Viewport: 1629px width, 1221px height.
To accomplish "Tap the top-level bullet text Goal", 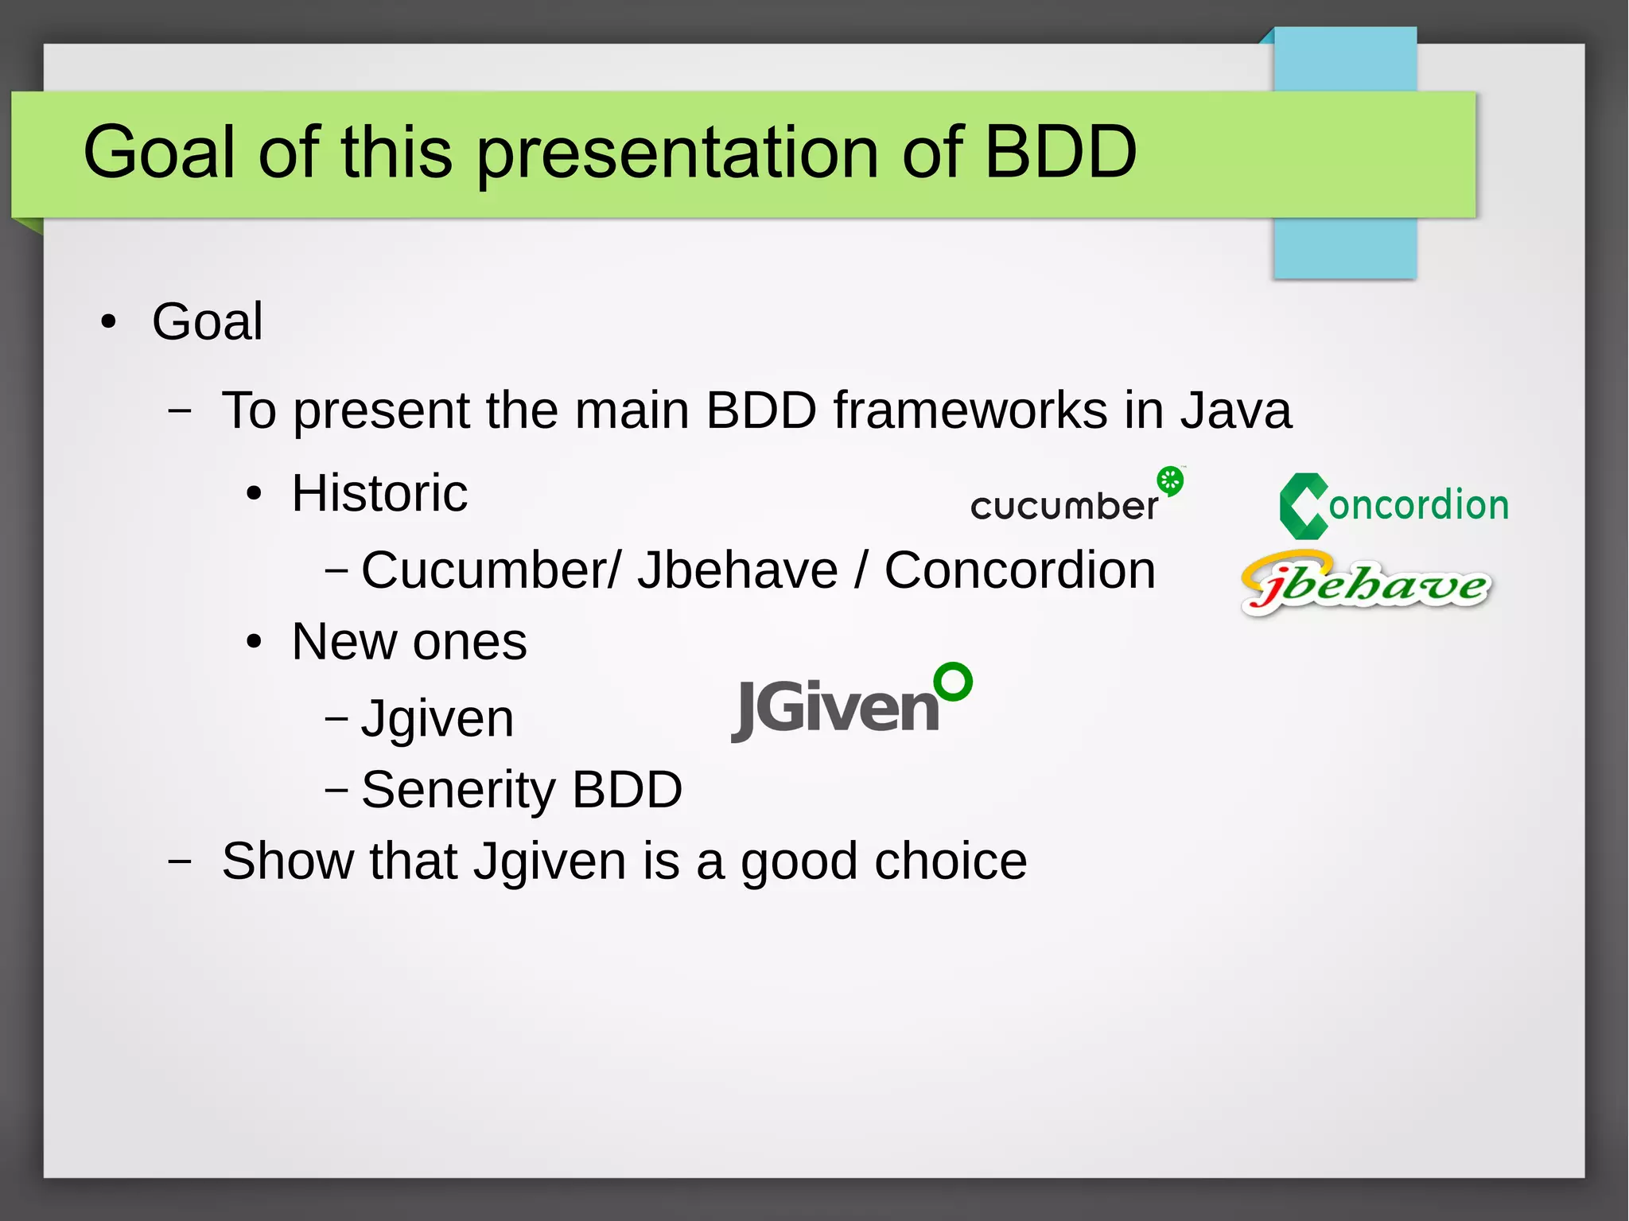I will click(x=207, y=321).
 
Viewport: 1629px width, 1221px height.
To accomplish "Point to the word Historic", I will click(x=379, y=493).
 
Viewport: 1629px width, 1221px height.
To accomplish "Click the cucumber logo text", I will click(x=1063, y=506).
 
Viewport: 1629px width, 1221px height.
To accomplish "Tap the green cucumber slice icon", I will click(x=1170, y=480).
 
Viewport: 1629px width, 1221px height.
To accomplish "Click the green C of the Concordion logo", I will click(x=1302, y=506).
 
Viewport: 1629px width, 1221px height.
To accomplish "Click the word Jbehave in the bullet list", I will click(x=737, y=570).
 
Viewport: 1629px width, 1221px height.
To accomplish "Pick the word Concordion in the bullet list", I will click(x=1020, y=570).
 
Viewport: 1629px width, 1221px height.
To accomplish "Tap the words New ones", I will click(x=409, y=641).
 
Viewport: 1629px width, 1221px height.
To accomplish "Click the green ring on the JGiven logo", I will click(x=953, y=682).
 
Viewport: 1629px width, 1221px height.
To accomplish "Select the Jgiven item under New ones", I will click(x=437, y=718).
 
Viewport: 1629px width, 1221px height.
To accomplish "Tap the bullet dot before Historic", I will click(x=254, y=494).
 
